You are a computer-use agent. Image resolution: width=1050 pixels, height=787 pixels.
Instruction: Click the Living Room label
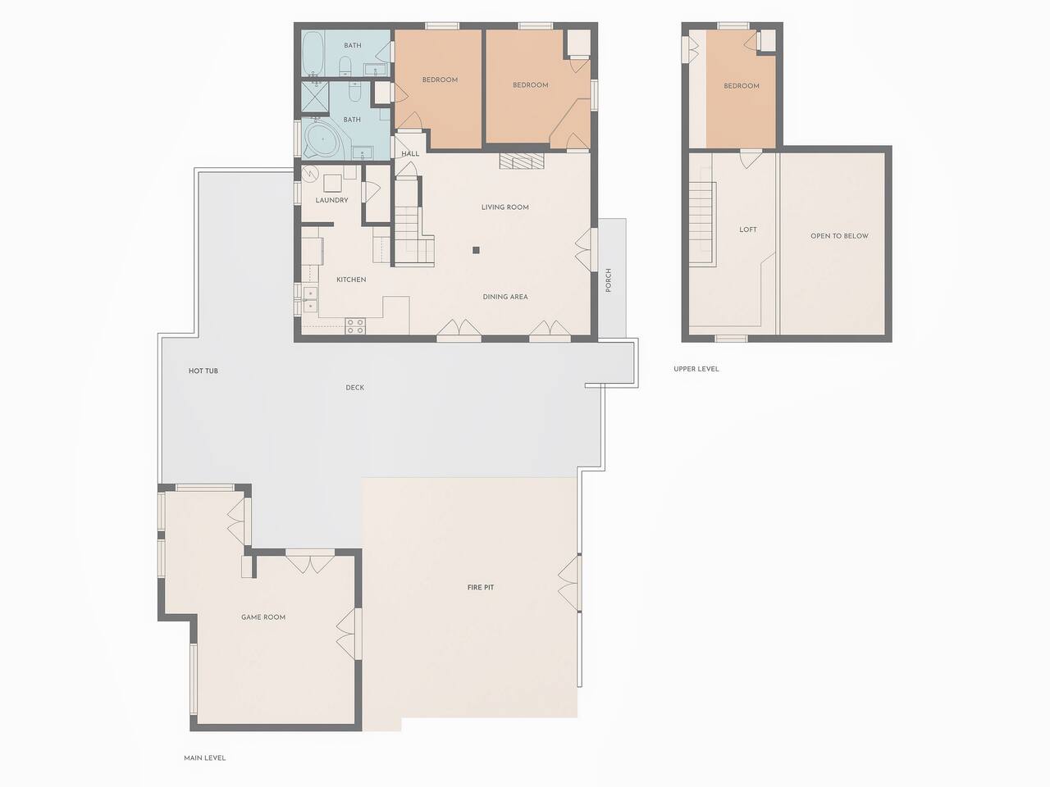tap(504, 207)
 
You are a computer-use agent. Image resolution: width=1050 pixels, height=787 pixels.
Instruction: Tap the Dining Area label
tap(505, 297)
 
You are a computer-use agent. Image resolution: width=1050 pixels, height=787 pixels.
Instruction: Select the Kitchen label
tap(351, 280)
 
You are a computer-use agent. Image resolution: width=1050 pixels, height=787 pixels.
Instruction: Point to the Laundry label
tap(331, 200)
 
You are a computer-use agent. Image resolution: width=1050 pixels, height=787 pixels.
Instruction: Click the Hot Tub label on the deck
tap(203, 371)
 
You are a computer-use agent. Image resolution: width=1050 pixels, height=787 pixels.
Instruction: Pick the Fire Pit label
tap(480, 587)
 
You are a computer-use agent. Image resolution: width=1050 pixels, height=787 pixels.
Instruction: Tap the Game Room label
tap(263, 617)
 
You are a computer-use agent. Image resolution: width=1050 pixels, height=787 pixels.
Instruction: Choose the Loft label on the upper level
tap(748, 230)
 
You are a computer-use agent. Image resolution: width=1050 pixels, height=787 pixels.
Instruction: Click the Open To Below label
tap(839, 236)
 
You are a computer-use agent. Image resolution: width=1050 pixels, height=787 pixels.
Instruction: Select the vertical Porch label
tap(609, 280)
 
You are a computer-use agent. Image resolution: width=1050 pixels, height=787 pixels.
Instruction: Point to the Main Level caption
tap(205, 757)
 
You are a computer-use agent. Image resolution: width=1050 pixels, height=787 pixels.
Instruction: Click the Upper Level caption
tap(696, 369)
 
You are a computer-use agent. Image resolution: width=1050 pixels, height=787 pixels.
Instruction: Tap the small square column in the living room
tap(476, 250)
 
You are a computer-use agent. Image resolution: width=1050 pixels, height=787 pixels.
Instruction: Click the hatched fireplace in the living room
tap(522, 161)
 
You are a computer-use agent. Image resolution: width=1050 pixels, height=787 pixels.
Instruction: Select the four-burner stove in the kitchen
tap(355, 326)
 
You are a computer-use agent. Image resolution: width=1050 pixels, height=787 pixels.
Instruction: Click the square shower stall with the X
tap(315, 98)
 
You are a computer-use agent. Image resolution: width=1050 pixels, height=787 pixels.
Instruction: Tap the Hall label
tap(410, 154)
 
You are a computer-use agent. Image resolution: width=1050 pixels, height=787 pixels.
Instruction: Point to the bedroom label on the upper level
tap(742, 86)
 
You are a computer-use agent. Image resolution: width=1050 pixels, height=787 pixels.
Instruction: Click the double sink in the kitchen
tap(310, 299)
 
